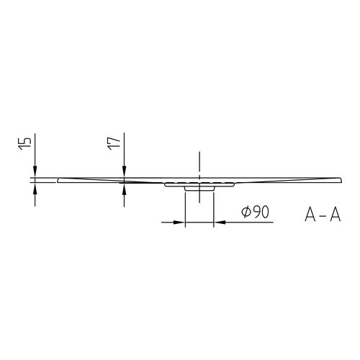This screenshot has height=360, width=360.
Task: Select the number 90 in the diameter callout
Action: point(261,214)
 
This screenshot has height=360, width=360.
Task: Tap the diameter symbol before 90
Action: point(245,214)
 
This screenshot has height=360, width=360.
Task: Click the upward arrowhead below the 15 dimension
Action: point(35,186)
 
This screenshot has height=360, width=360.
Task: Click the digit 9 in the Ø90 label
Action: point(256,214)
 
